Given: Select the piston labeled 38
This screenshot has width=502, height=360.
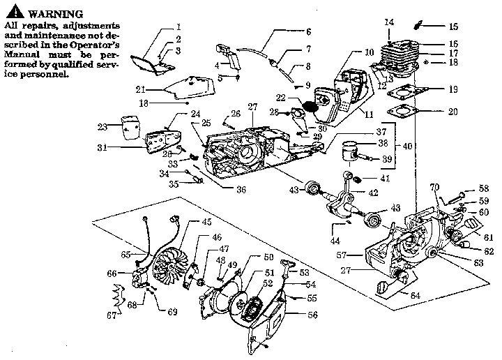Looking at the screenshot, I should pyautogui.click(x=353, y=153).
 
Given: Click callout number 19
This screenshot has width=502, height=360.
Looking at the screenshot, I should pyautogui.click(x=453, y=89).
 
